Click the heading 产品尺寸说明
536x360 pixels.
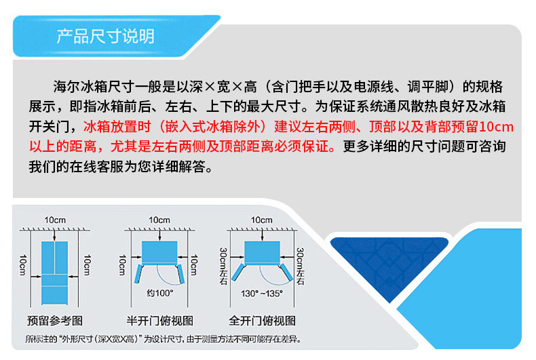tap(105, 36)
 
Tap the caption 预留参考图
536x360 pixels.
tap(55, 321)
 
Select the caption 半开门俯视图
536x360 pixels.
tap(159, 321)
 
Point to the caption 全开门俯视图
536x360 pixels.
tap(262, 321)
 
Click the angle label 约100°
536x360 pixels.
tap(160, 293)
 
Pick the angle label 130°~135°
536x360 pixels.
tap(261, 294)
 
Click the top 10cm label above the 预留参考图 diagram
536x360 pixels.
tap(55, 220)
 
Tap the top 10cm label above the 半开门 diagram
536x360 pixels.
tap(159, 220)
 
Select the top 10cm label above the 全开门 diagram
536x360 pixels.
tap(261, 220)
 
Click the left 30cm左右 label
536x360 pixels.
tap(224, 266)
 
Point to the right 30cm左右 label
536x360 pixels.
tap(300, 266)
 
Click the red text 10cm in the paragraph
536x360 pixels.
tap(497, 127)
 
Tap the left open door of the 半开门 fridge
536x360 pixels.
tap(138, 274)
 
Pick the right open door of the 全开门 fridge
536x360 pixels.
tap(286, 273)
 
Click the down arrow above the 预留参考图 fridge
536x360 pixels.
tap(55, 235)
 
